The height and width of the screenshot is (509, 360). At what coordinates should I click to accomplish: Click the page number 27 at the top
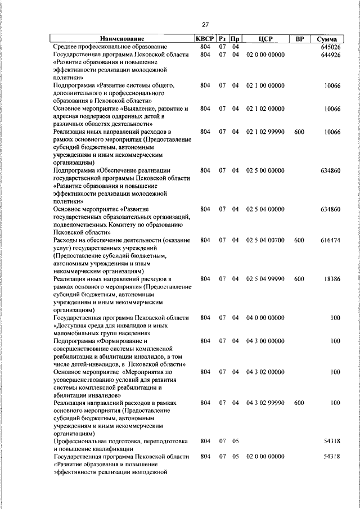click(205, 24)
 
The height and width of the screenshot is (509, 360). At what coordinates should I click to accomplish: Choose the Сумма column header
click(327, 39)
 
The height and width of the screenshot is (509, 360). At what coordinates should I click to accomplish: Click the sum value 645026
click(329, 47)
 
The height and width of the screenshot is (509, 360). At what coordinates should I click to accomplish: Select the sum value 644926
click(329, 55)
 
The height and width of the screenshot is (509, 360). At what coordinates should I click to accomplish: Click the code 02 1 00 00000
click(265, 85)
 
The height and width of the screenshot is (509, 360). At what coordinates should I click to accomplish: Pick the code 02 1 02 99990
click(265, 132)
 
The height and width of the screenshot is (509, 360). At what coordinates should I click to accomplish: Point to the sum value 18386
click(331, 279)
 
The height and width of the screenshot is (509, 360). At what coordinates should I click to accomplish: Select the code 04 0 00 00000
click(265, 318)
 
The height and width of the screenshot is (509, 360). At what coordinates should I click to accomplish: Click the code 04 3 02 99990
click(265, 403)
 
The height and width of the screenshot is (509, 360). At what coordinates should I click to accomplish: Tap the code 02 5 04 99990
click(265, 279)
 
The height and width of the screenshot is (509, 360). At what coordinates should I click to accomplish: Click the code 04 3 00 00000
click(265, 341)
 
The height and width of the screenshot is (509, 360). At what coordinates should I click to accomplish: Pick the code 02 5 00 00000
click(265, 170)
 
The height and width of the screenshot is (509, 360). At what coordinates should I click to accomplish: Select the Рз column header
click(223, 39)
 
